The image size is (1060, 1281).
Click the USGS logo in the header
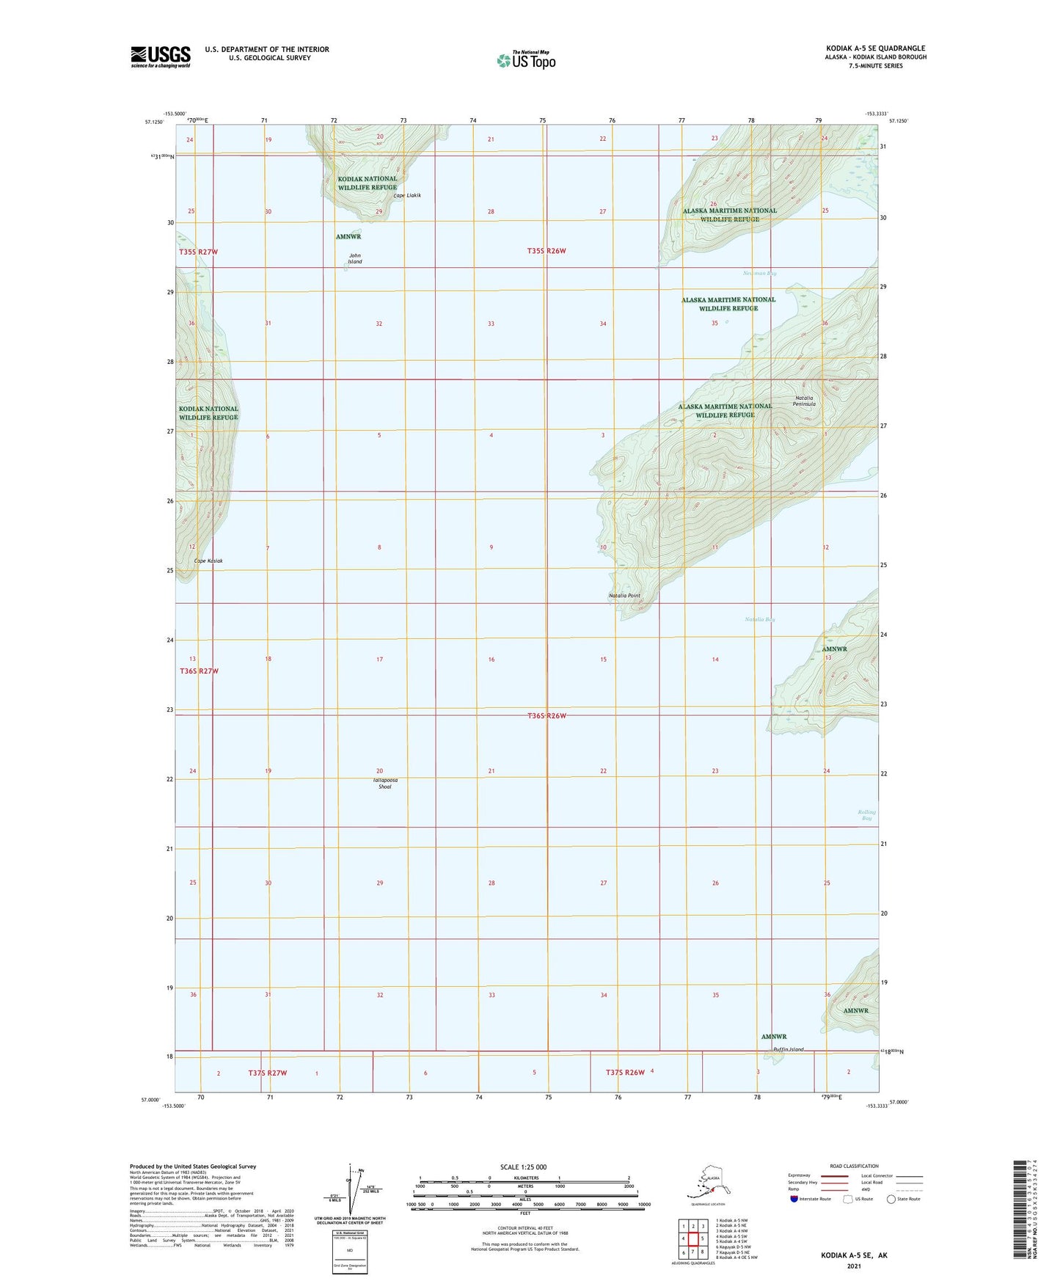tap(160, 56)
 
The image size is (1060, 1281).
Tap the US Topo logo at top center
tap(526, 59)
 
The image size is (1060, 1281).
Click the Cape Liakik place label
tap(407, 195)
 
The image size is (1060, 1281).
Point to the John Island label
tap(355, 258)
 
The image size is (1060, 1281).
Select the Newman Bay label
tap(759, 273)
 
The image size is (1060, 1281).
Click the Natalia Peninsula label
tap(804, 401)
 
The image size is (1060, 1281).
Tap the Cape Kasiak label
tap(208, 561)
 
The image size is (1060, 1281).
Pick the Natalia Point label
tap(624, 596)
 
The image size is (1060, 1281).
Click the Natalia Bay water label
tap(760, 619)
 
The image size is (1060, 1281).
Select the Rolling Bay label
tap(866, 814)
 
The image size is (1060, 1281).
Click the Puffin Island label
tap(788, 1049)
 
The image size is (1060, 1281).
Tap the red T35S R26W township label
tap(547, 251)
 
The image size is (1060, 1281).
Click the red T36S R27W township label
tap(199, 671)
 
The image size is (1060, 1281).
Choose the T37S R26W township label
tap(625, 1072)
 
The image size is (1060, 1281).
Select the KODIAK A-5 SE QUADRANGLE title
tap(875, 48)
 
